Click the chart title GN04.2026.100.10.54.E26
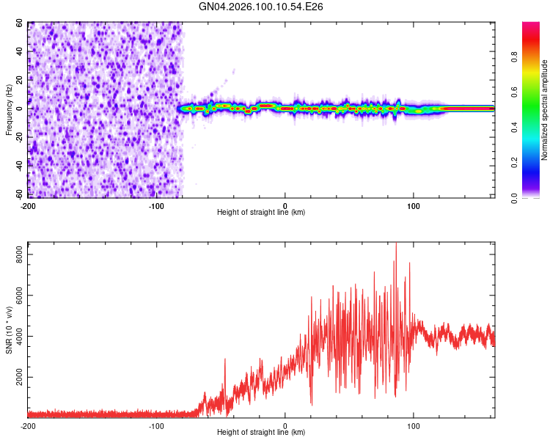262,7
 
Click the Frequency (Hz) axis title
9,109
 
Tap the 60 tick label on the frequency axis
21,23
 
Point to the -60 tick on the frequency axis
19,194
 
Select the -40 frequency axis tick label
19,166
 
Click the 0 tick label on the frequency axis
23,109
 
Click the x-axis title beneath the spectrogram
261,213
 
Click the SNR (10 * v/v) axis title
9,330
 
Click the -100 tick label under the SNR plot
156,425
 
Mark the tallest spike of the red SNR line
396,245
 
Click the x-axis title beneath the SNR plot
261,433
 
